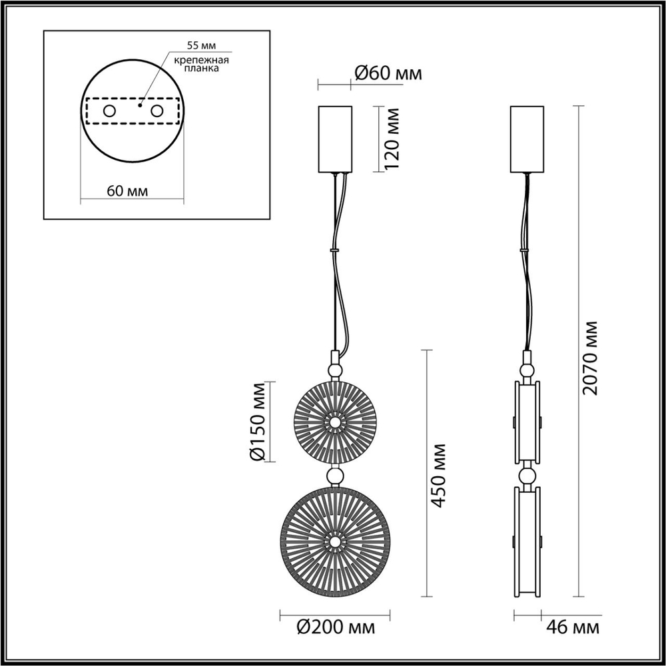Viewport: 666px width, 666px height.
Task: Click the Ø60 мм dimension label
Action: [x=388, y=74]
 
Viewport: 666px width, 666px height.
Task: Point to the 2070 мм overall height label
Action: [x=590, y=357]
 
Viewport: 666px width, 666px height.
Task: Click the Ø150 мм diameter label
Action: [x=258, y=421]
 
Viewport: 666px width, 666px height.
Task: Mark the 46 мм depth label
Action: [x=572, y=627]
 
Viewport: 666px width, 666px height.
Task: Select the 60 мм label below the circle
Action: [x=127, y=191]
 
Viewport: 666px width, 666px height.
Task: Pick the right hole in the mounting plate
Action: [x=157, y=111]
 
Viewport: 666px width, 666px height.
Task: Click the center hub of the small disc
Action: [x=334, y=422]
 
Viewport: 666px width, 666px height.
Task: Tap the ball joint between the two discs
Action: [x=334, y=476]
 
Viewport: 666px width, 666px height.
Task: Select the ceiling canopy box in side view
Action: [x=527, y=138]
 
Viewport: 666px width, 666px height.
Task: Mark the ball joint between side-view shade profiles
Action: [x=527, y=476]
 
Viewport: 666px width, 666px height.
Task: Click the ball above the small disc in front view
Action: [x=334, y=369]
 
